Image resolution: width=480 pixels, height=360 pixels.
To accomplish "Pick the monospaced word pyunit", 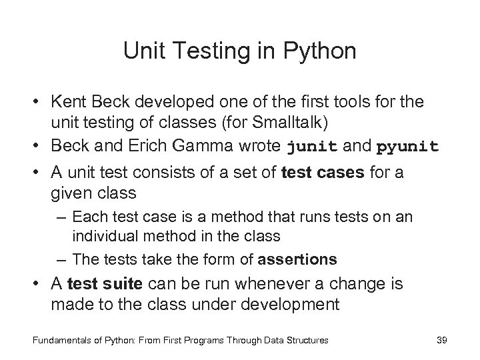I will point(408,146).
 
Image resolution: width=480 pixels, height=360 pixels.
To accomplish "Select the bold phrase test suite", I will point(113,283).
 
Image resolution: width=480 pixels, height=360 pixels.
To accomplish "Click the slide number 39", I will point(441,340).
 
